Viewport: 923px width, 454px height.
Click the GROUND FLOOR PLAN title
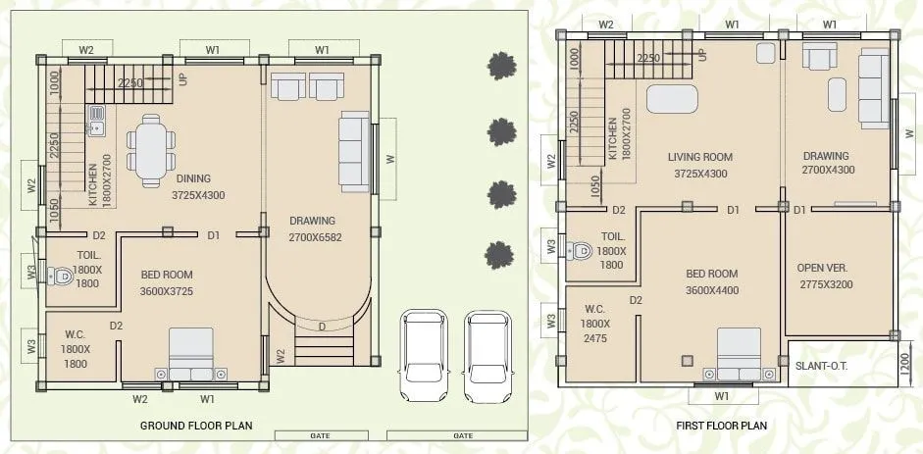[196, 425]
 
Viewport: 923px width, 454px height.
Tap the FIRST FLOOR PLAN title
[721, 426]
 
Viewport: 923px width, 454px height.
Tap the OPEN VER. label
[822, 268]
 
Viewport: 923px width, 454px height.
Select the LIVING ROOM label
[699, 157]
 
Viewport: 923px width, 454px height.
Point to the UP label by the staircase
[181, 78]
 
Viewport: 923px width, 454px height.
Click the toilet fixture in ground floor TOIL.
[63, 277]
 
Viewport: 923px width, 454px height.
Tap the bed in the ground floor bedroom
[189, 354]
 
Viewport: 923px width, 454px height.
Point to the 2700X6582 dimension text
[315, 237]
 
